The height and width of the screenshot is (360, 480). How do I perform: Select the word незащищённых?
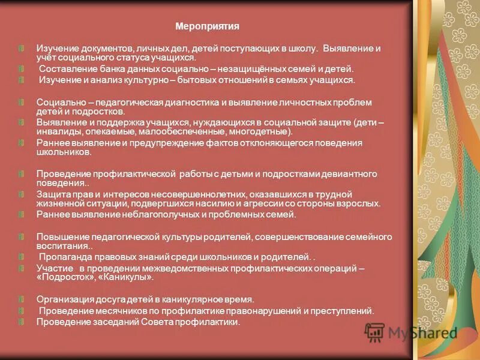click(x=239, y=69)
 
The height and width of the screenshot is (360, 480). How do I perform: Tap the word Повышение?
click(x=59, y=236)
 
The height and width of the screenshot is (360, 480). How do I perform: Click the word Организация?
click(x=64, y=299)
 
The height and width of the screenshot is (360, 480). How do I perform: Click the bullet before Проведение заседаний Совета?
click(x=21, y=322)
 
